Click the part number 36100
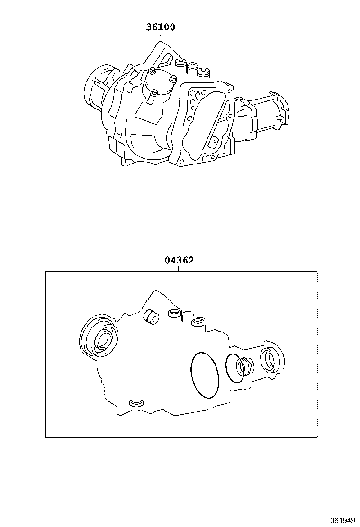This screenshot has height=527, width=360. pos(160,27)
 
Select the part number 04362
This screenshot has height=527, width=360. pos(179,260)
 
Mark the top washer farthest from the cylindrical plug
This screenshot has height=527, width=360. pos(198,323)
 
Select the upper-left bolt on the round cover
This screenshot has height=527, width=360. pos(152,72)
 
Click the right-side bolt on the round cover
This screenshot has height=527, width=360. pos(173,79)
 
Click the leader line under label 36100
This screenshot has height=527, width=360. pos(161,37)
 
